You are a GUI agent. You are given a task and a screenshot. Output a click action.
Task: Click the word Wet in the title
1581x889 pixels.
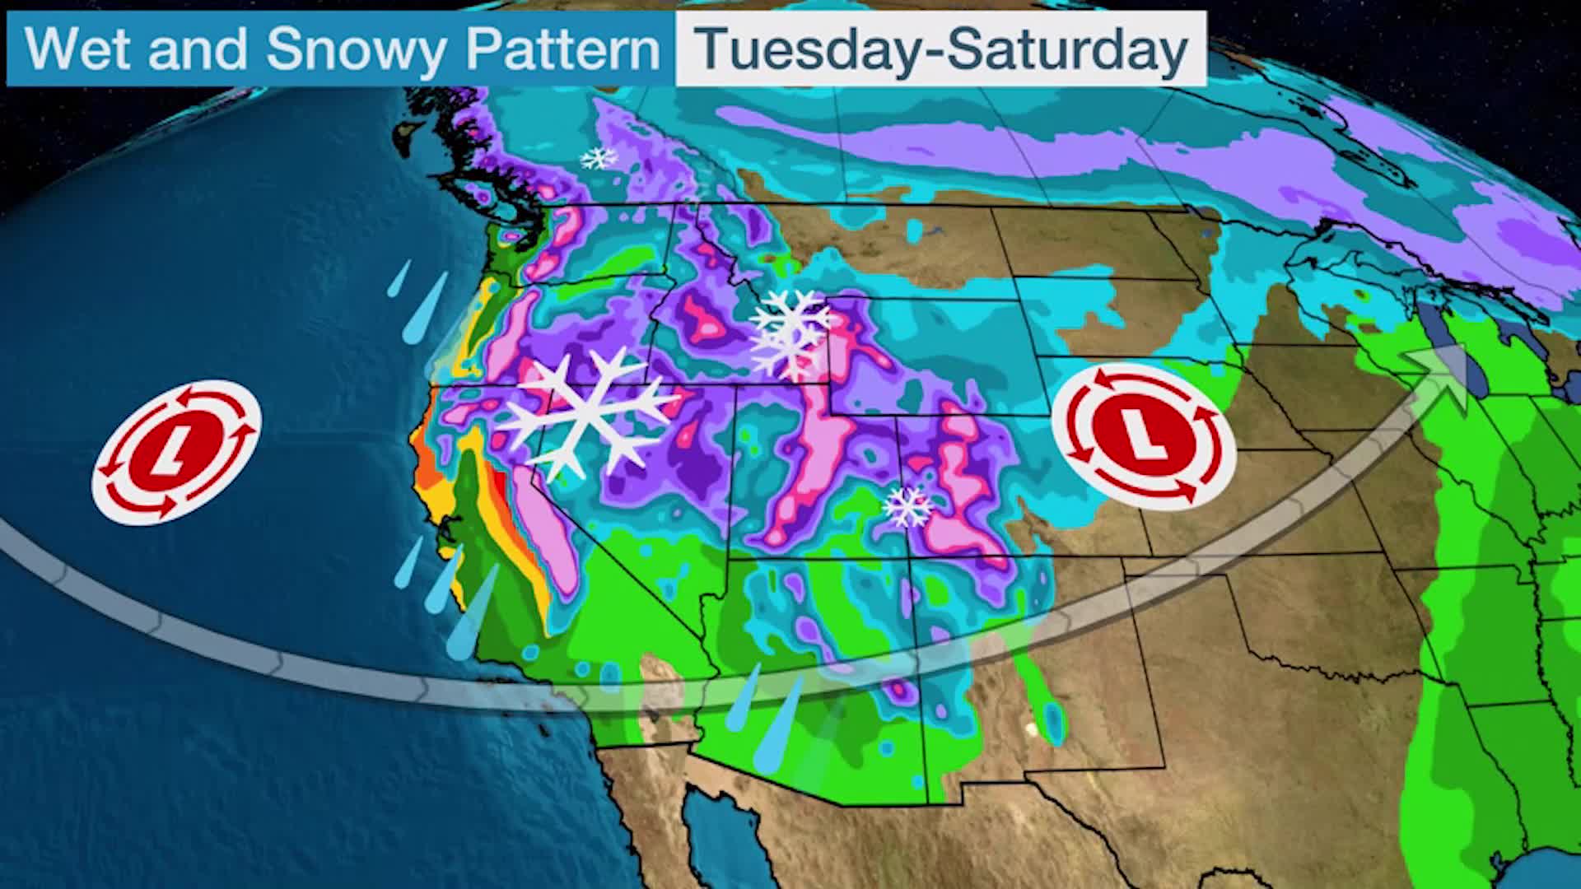79,49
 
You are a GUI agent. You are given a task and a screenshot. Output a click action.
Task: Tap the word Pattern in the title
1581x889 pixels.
563,49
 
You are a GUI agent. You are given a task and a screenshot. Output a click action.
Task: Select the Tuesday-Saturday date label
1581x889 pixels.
940,49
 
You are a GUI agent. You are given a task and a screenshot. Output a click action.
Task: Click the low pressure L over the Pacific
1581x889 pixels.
176,450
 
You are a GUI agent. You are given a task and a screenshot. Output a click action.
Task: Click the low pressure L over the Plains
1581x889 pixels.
1143,436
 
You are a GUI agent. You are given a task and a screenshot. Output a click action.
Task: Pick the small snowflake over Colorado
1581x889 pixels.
907,506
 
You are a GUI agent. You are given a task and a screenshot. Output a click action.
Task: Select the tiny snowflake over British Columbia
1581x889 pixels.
599,157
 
